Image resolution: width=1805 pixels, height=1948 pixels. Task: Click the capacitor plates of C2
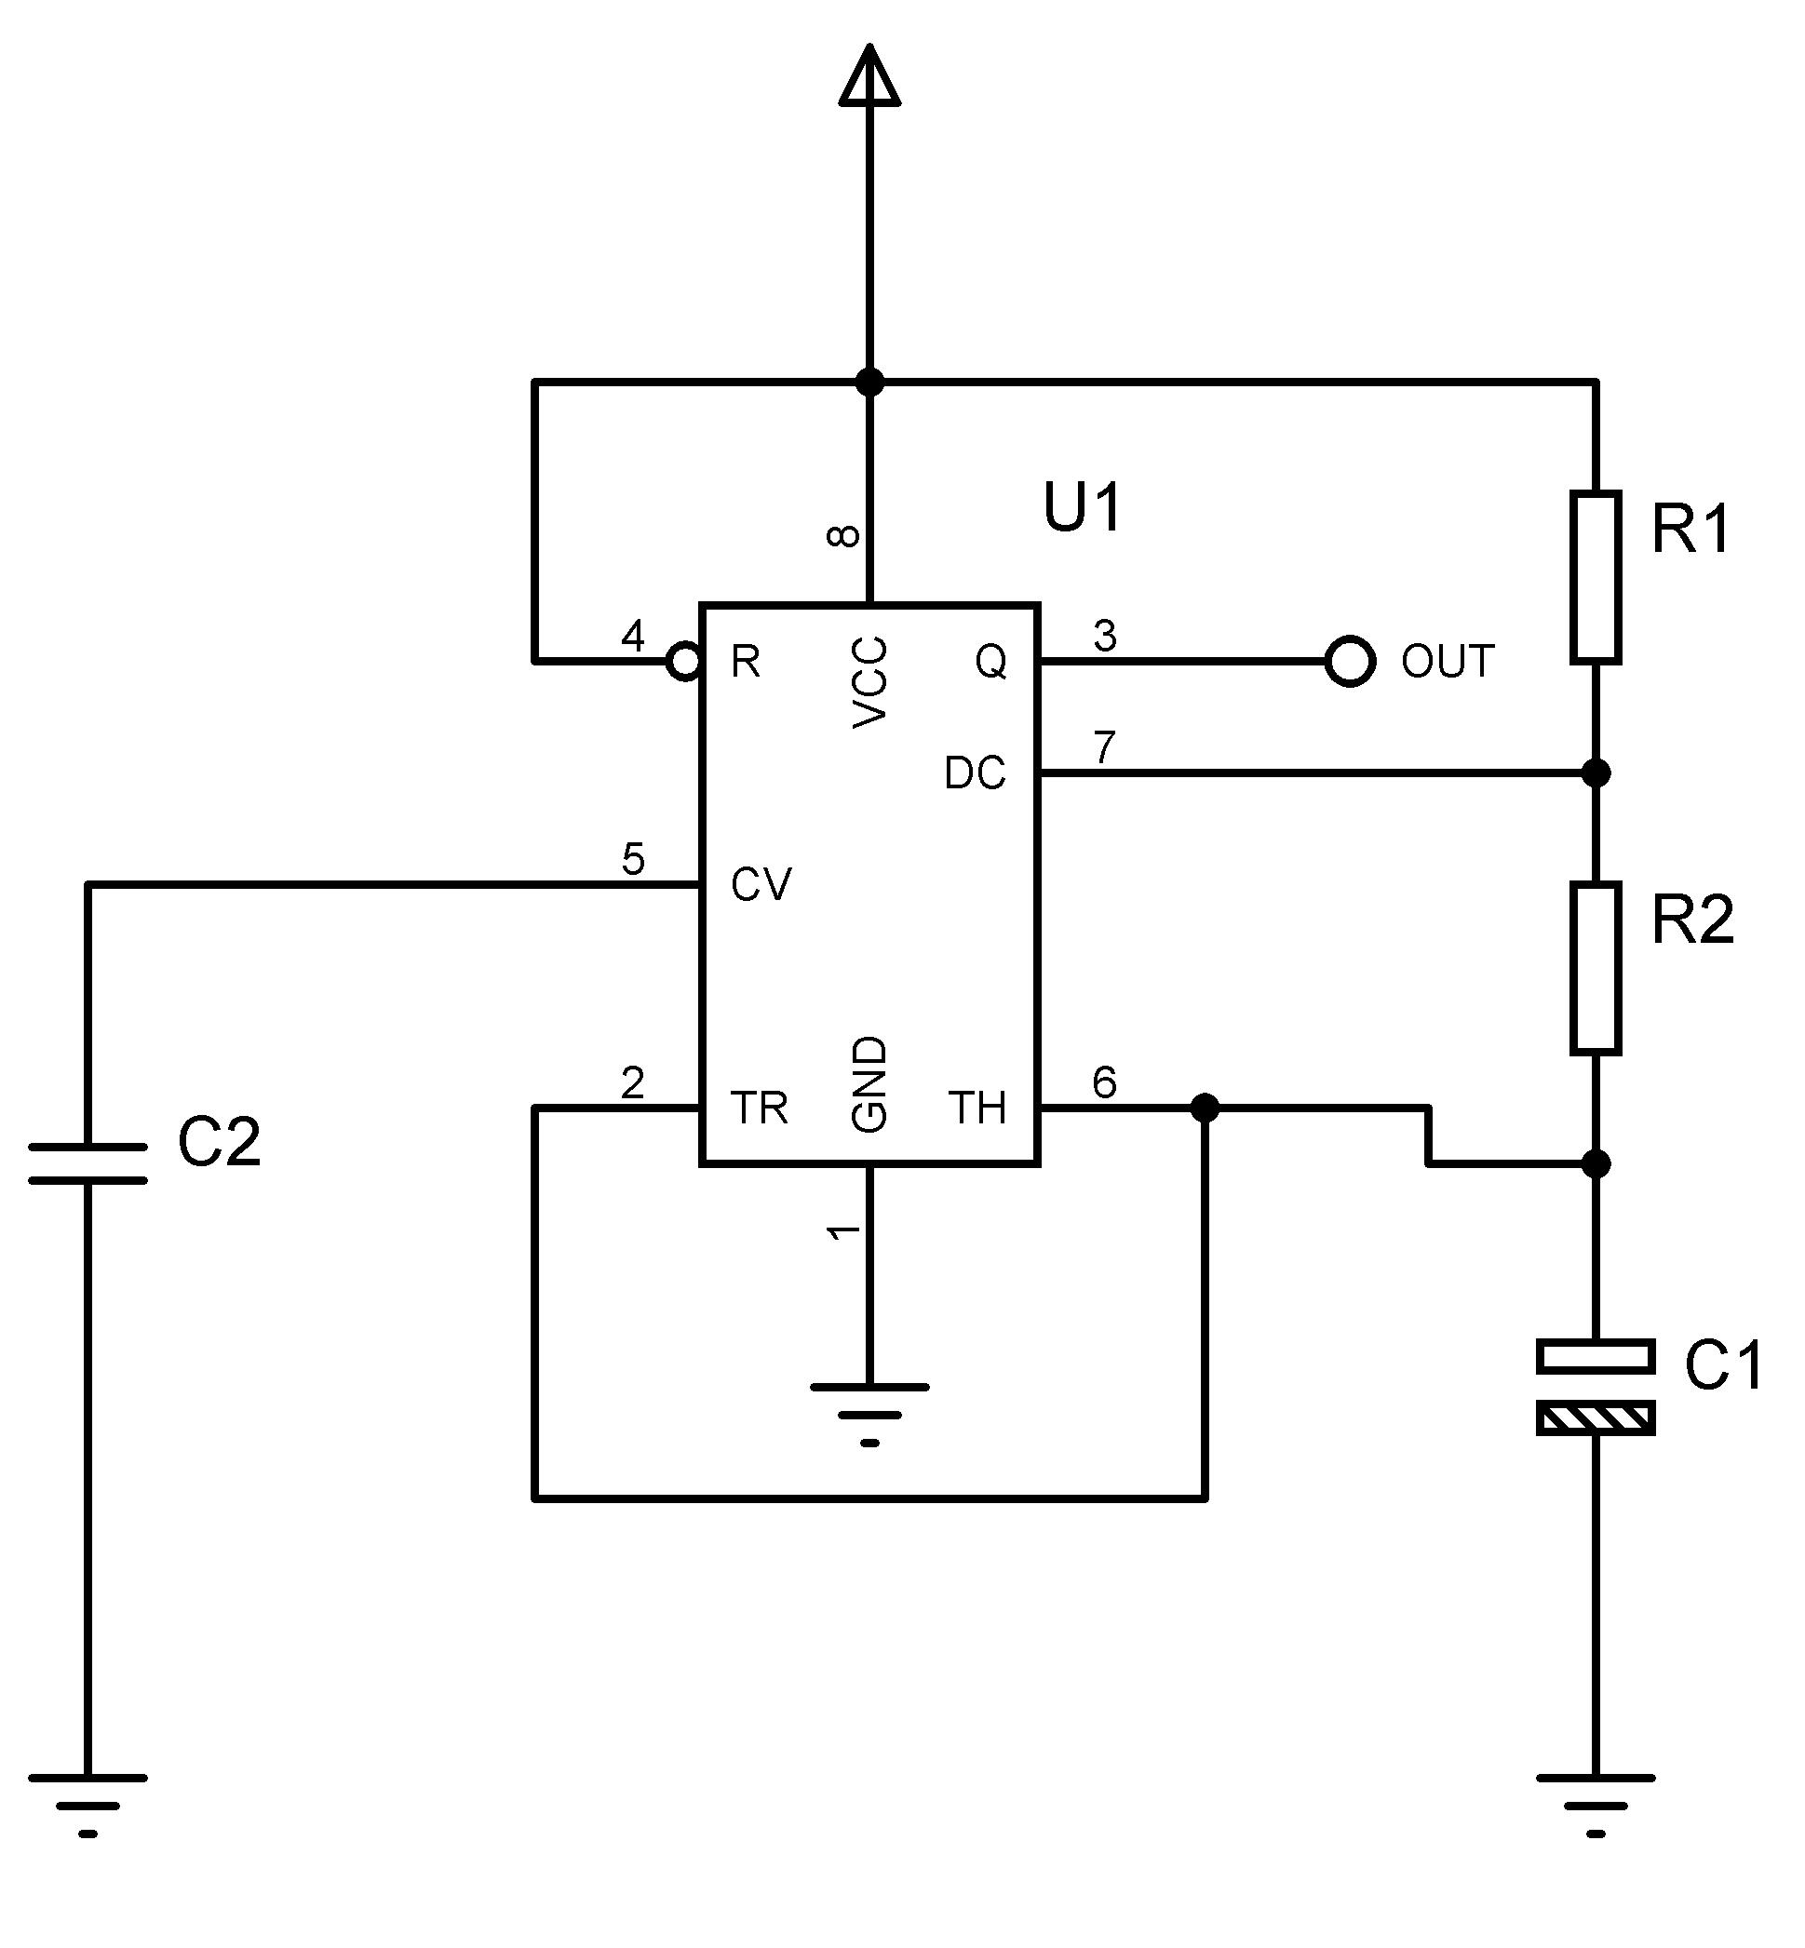click(88, 1164)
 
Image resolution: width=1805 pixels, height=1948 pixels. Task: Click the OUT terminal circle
click(1351, 661)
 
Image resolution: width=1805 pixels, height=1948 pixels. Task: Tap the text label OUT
click(1448, 662)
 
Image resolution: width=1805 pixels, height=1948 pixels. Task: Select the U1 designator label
click(1084, 508)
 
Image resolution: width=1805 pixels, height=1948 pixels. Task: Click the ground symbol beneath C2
click(88, 1807)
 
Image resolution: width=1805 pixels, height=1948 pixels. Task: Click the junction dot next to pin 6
click(1206, 1108)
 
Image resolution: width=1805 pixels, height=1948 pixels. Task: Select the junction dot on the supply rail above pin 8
click(869, 382)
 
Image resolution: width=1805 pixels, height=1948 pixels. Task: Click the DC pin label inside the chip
click(975, 773)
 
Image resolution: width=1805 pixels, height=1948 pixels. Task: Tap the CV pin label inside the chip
click(761, 885)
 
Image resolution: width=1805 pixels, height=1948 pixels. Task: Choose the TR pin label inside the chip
click(759, 1108)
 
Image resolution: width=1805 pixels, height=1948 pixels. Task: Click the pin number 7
click(1105, 748)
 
